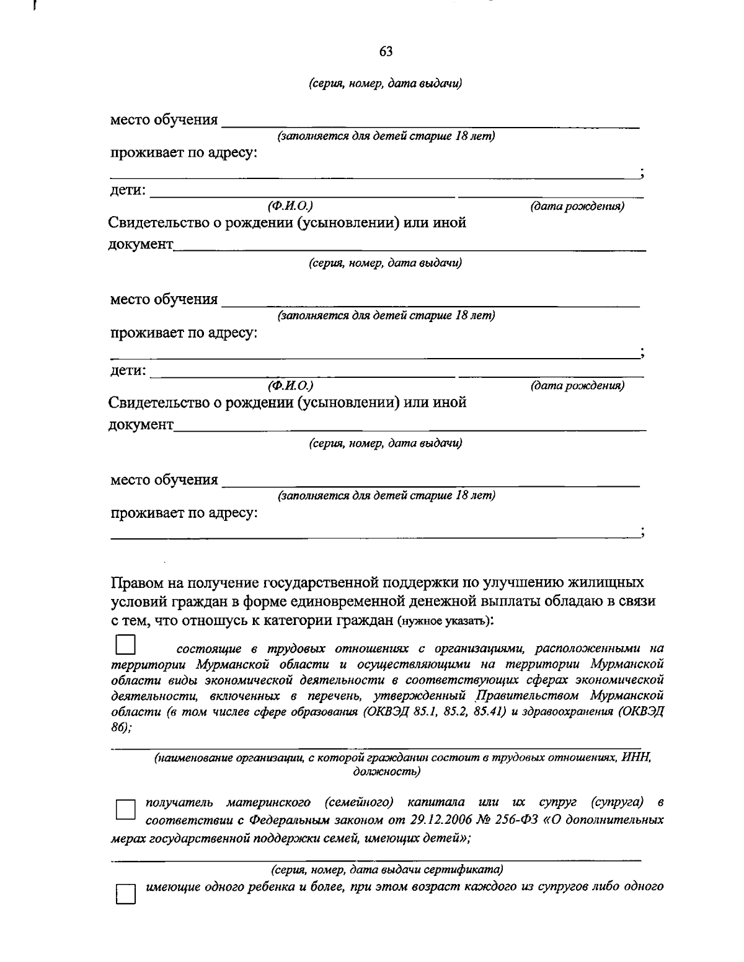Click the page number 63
pos(386,51)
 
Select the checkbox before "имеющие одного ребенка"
pos(126,893)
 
